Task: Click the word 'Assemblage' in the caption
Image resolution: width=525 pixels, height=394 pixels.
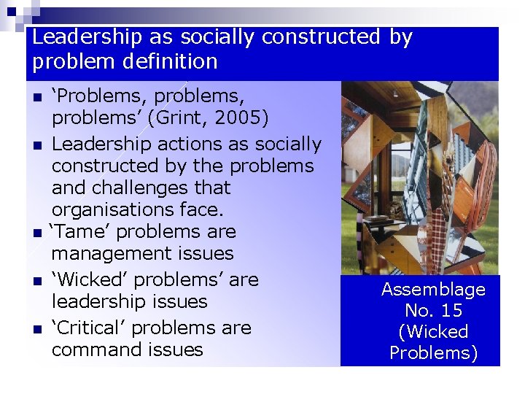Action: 433,290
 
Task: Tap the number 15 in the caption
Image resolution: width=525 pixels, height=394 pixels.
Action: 451,311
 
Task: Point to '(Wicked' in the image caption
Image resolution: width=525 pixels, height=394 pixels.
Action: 433,332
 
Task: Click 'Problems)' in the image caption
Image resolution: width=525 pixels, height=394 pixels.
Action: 433,353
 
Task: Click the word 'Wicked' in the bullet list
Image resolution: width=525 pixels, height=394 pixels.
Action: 87,279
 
